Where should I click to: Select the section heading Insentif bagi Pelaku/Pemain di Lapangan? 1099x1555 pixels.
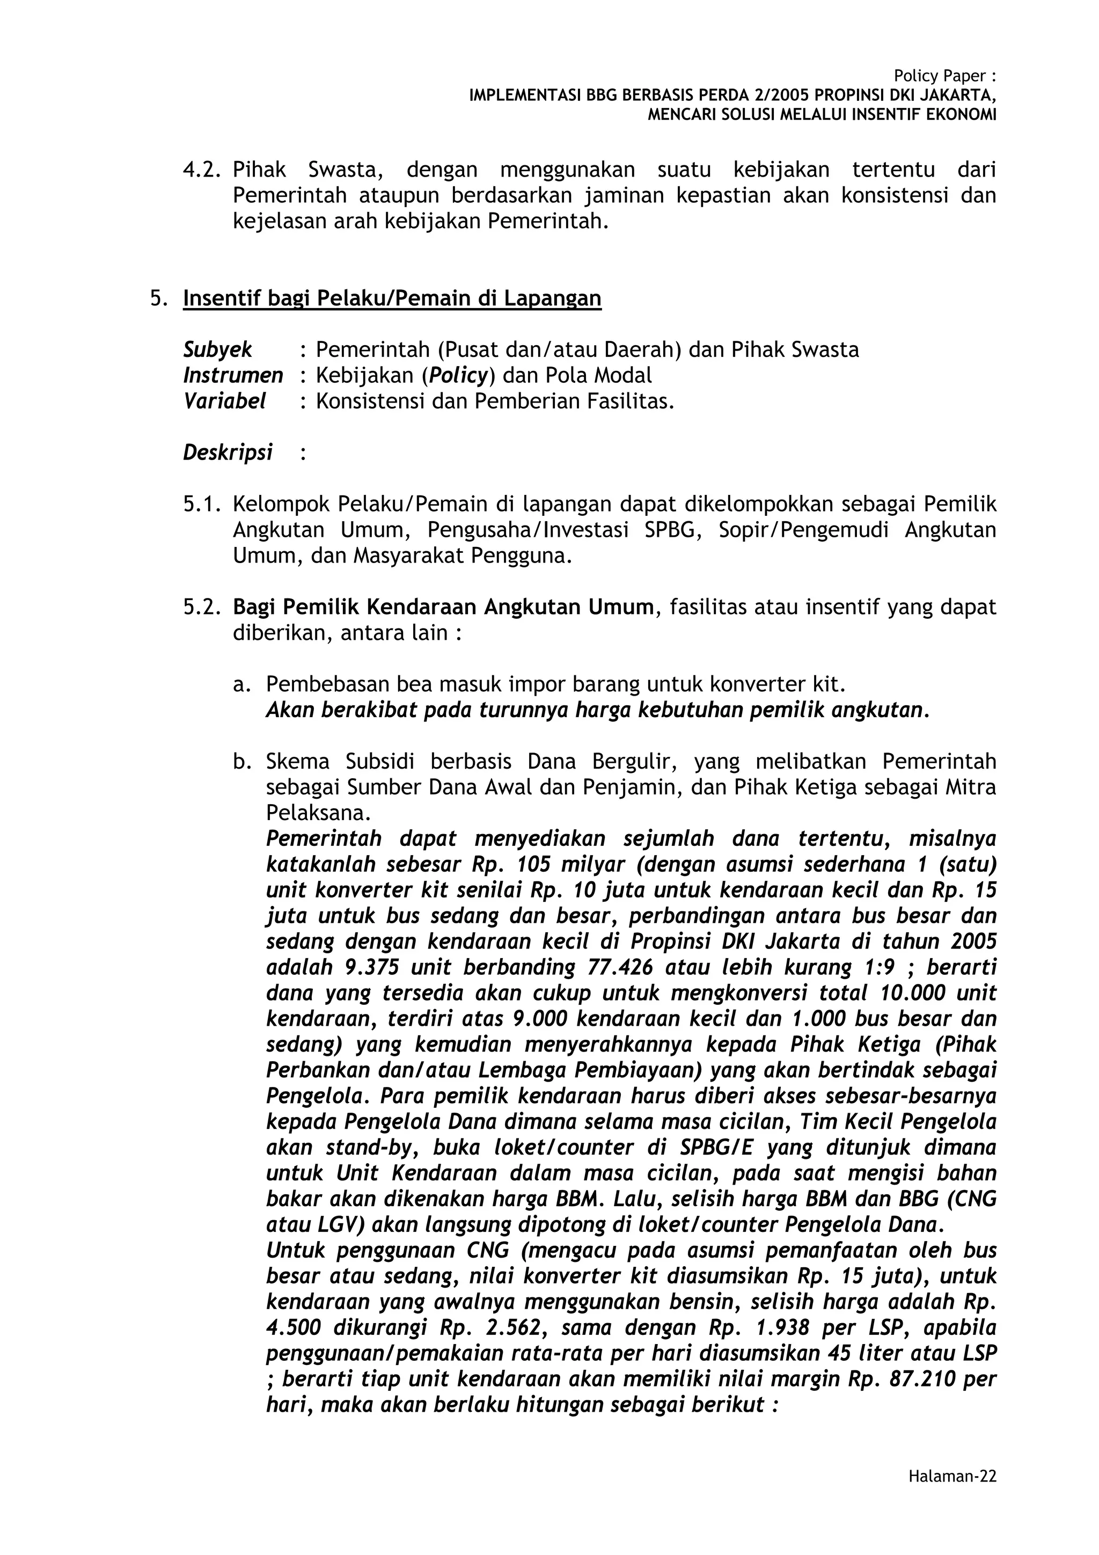coord(392,298)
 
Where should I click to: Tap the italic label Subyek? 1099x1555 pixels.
coord(217,349)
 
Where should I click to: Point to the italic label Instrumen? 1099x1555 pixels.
coord(233,375)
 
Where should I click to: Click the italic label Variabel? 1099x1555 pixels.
coord(224,401)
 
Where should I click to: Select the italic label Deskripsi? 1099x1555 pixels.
coord(228,452)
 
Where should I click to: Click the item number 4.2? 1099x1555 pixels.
coord(202,169)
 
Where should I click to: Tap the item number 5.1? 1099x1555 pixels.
coord(202,504)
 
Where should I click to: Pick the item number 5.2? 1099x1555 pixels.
coord(202,607)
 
